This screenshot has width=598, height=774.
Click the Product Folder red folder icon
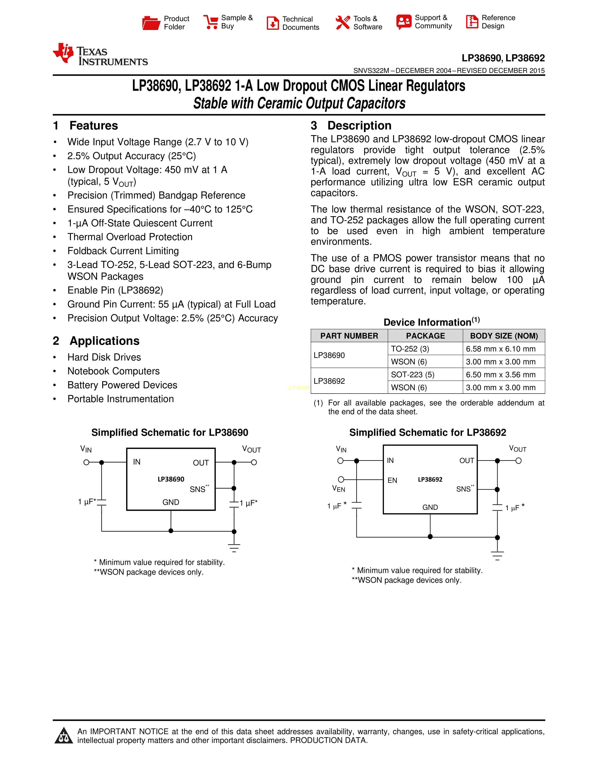coord(151,23)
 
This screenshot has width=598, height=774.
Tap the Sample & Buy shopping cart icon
coord(211,22)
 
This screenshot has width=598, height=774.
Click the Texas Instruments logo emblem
coord(63,53)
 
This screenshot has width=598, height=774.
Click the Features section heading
coord(94,126)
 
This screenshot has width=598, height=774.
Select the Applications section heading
coord(105,341)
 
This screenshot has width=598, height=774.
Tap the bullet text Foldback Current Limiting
coord(123,251)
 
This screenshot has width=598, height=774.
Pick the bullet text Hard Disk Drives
coord(104,357)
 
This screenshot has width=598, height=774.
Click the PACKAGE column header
coord(425,336)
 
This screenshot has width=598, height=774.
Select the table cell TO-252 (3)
coord(410,349)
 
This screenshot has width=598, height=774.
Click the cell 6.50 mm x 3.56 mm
coord(501,375)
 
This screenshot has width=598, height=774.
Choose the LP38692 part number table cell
coord(329,381)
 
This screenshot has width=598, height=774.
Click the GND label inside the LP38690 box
coord(171,502)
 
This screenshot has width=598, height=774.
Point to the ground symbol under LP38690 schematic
coord(234,547)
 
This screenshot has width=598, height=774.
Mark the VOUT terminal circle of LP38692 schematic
coord(518,461)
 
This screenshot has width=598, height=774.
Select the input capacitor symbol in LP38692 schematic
coord(356,505)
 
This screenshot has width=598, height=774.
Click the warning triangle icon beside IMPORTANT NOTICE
coord(64,736)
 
